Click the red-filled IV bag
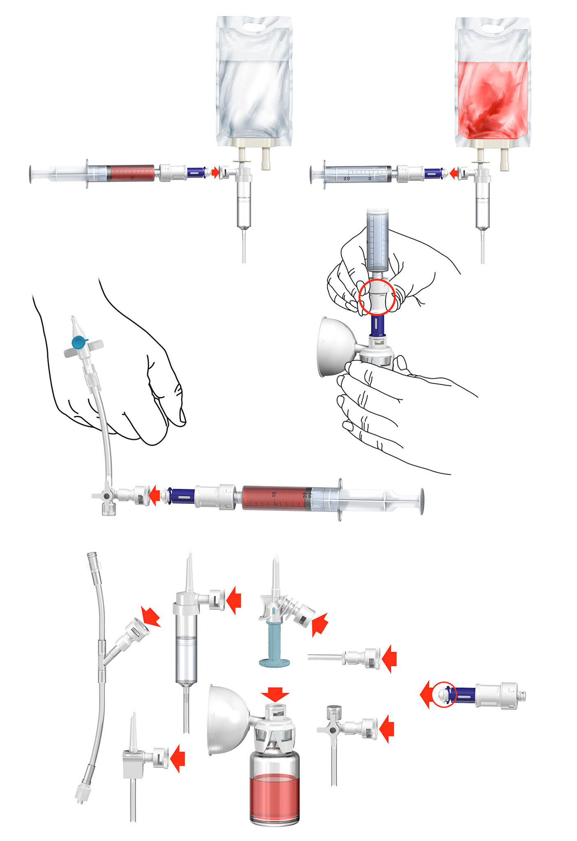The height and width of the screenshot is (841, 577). tap(492, 99)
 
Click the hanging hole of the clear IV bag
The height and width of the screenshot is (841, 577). tap(254, 27)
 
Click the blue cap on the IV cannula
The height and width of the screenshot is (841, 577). tap(78, 342)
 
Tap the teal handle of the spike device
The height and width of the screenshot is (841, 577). tap(275, 645)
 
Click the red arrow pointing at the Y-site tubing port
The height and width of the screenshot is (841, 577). tap(150, 616)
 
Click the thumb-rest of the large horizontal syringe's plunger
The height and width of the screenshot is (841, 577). tap(421, 501)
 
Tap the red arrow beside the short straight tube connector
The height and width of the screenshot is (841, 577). tap(389, 659)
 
